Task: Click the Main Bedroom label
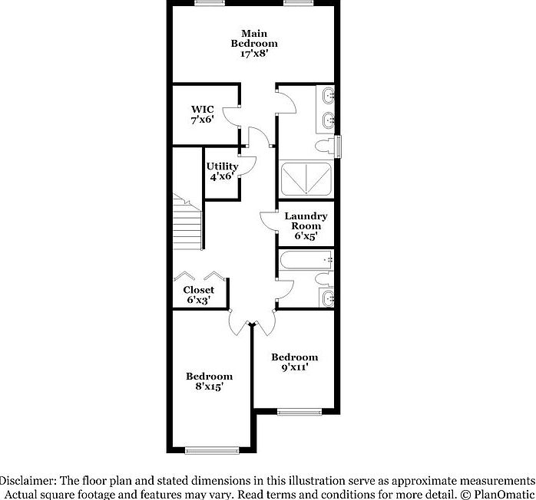[254, 38]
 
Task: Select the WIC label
[202, 110]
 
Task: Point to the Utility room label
[222, 166]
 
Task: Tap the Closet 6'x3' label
[198, 294]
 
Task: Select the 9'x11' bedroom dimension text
[294, 368]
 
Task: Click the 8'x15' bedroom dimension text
[209, 387]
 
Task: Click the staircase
[187, 226]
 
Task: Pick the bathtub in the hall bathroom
[304, 262]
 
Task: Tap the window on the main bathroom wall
[339, 146]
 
